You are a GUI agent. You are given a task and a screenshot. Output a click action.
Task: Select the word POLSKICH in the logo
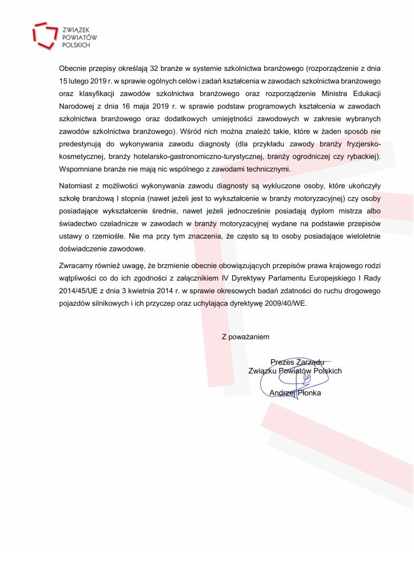click(x=77, y=44)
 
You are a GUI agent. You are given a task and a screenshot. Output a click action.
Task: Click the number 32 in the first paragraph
click(x=158, y=69)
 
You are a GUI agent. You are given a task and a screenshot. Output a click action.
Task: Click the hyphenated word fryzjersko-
click(x=364, y=144)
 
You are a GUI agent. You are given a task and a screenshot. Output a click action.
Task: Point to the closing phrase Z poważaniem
click(x=245, y=337)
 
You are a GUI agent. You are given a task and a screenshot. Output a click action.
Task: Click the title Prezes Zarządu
click(x=297, y=362)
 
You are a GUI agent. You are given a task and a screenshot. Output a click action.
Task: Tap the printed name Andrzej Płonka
click(x=295, y=393)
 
